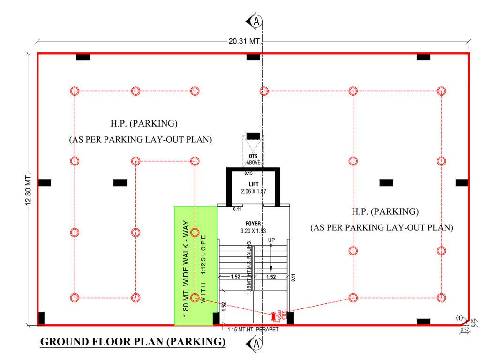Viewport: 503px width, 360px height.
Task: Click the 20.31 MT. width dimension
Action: tap(244, 41)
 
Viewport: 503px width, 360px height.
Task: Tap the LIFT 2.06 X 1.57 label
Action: tap(253, 188)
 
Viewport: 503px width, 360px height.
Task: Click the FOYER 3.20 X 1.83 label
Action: tap(253, 227)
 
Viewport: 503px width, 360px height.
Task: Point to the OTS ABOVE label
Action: tap(253, 159)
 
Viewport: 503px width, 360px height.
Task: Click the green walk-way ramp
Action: tap(195, 266)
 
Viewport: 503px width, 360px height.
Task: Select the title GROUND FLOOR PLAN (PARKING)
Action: tap(133, 342)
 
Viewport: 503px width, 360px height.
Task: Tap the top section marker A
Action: tap(255, 21)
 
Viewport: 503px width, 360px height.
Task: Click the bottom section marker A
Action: tap(255, 345)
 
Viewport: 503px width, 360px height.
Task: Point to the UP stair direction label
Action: tap(271, 240)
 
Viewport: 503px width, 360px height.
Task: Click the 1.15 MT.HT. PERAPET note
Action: tap(253, 330)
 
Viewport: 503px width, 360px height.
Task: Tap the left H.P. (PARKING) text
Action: tap(143, 124)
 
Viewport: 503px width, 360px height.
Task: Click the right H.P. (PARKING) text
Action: tap(385, 211)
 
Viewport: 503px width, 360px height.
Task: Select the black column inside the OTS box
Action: tap(253, 136)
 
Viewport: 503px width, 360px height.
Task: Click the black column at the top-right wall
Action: tap(423, 57)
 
